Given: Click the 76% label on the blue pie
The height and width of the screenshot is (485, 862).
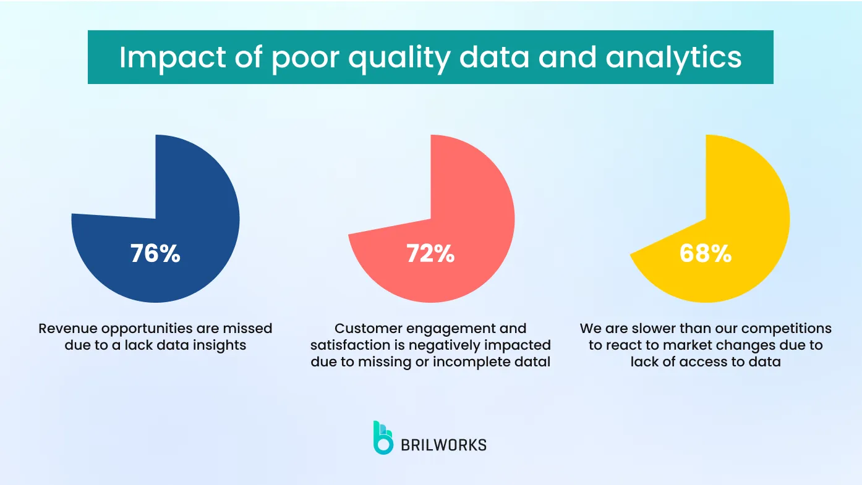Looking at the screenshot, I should (x=155, y=253).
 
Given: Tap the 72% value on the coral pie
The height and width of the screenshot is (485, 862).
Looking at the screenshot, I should (x=430, y=253).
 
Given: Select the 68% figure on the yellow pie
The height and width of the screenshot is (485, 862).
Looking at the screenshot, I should (x=706, y=253).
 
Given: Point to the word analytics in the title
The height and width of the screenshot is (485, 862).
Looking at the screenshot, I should (x=673, y=57).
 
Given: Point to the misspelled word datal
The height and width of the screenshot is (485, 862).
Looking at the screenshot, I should (x=532, y=362).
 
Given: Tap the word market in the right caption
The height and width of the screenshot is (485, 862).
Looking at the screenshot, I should (x=680, y=345).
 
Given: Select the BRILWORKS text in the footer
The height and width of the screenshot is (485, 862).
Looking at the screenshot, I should (x=443, y=445).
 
